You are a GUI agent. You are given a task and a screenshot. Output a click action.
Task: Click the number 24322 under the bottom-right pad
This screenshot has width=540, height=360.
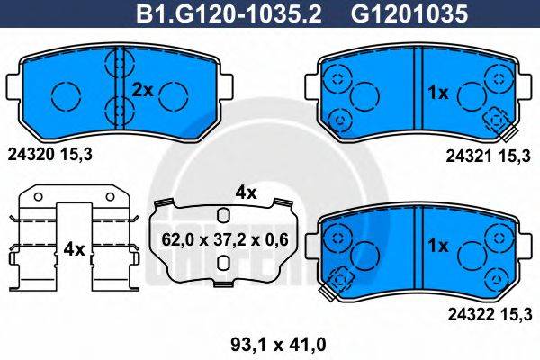pos(467,313)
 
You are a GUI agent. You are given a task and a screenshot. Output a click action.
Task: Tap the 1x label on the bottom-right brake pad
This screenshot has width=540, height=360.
pos(437,245)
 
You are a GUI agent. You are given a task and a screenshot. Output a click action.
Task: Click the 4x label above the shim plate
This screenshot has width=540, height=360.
pos(246,192)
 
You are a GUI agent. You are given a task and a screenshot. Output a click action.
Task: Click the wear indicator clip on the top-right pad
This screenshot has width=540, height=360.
pos(494,121)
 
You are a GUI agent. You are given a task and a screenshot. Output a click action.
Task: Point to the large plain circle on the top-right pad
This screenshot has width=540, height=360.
pos(364,94)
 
